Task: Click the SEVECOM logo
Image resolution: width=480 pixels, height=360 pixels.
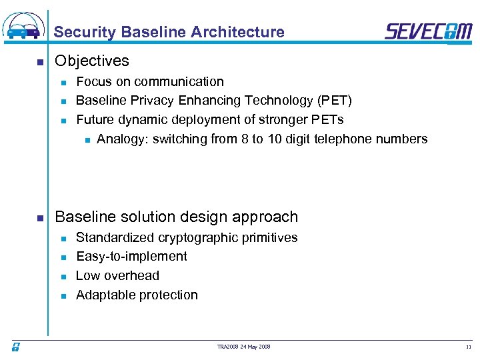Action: (428, 31)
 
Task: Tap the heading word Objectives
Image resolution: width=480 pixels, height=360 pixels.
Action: (92, 61)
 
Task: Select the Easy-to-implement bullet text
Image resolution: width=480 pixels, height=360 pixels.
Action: (131, 257)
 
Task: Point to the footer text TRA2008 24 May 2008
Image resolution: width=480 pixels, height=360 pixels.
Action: (244, 347)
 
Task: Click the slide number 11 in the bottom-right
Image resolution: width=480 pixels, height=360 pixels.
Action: (468, 347)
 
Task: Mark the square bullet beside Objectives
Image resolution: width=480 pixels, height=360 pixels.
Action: (40, 63)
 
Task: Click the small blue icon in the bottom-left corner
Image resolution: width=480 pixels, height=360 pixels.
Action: (15, 347)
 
